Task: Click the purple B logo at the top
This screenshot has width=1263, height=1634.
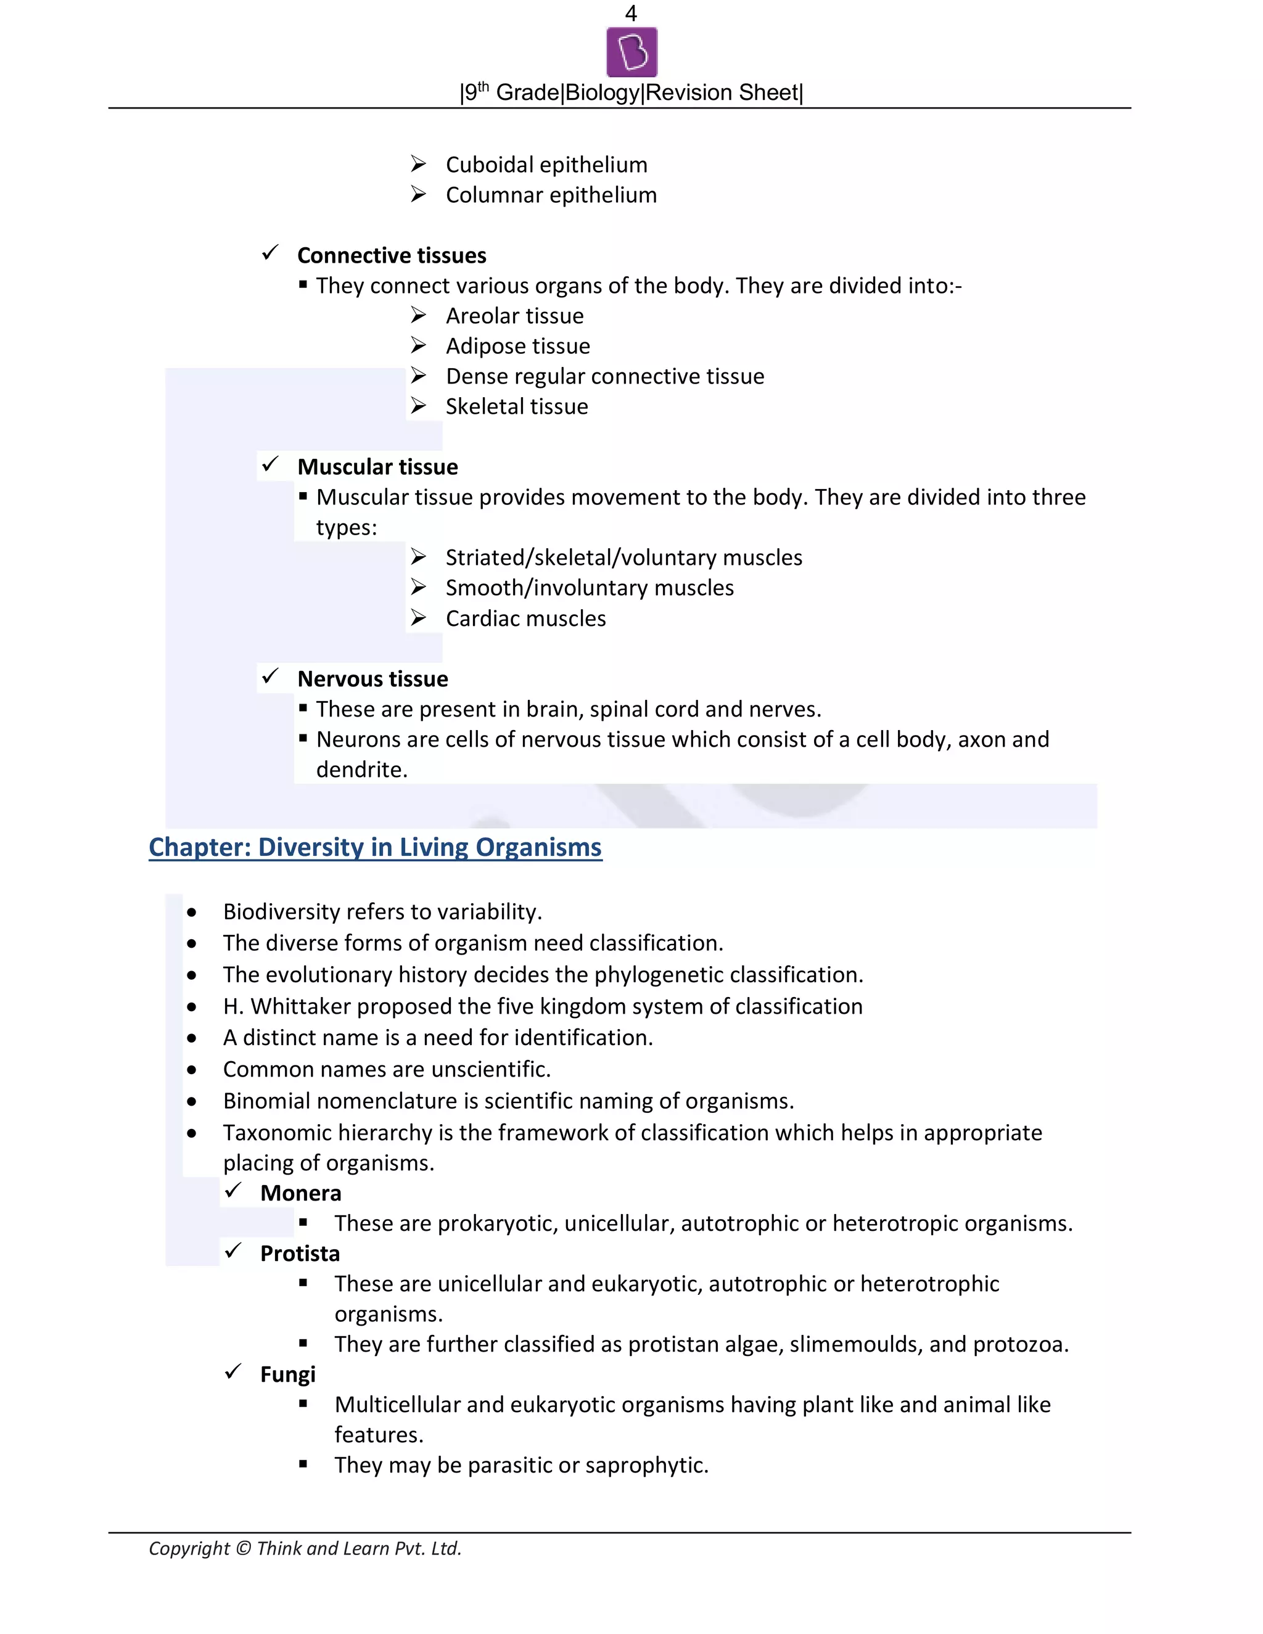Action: click(x=631, y=52)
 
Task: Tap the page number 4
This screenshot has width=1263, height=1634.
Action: click(x=631, y=13)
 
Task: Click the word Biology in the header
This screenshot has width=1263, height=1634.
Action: click(x=603, y=92)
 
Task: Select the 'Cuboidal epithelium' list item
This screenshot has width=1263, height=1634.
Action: click(x=546, y=165)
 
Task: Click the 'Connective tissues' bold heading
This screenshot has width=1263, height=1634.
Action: click(x=392, y=255)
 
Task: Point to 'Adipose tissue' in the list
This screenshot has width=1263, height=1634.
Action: click(x=518, y=346)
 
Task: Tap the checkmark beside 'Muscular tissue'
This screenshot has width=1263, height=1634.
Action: click(x=270, y=465)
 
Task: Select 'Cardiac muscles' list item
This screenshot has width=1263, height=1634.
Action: click(x=525, y=618)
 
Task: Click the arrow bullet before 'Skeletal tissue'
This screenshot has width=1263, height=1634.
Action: click(x=418, y=406)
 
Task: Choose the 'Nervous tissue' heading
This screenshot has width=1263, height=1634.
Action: click(x=372, y=679)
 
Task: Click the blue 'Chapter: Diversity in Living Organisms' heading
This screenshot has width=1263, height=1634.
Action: click(x=375, y=847)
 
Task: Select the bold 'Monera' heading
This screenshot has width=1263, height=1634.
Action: click(x=300, y=1193)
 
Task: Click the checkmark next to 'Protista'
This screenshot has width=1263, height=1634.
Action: click(x=234, y=1251)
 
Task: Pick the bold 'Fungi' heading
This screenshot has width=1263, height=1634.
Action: click(x=287, y=1374)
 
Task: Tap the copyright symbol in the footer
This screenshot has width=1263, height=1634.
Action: click(x=243, y=1548)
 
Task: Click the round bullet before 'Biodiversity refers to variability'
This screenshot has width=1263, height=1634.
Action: click(x=192, y=912)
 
